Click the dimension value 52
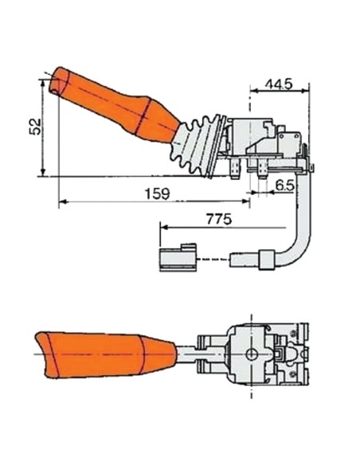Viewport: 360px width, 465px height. tap(33, 127)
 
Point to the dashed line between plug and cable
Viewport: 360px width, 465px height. tap(211, 260)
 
